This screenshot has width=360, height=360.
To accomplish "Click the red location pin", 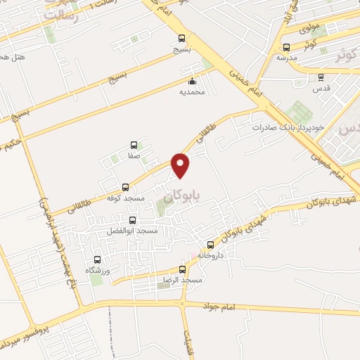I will (x=181, y=165).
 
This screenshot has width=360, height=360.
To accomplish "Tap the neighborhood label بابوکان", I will (x=188, y=198).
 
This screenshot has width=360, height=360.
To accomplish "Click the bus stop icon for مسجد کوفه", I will (x=126, y=187).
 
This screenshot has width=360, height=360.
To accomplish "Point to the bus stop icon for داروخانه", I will (x=210, y=245).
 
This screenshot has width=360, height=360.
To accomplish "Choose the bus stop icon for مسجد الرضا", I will (x=183, y=269).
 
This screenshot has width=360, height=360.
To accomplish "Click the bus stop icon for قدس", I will (x=321, y=77).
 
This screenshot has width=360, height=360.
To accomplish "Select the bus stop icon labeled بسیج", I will (x=182, y=39).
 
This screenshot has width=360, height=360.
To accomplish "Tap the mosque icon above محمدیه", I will (x=192, y=81).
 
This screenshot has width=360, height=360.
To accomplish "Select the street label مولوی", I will (x=310, y=29).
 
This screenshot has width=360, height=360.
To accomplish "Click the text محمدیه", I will (x=192, y=91).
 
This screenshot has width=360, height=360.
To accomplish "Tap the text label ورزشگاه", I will (x=99, y=270).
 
